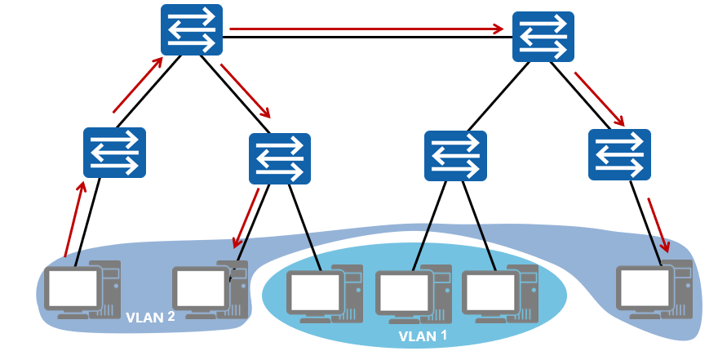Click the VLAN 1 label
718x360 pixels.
[x=423, y=336]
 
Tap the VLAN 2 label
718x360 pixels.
[x=151, y=317]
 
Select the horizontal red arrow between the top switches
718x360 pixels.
[x=367, y=29]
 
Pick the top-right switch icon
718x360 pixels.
[x=543, y=37]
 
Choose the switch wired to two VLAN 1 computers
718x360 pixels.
[x=455, y=156]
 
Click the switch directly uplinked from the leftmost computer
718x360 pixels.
[x=114, y=153]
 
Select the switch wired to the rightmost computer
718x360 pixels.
[x=619, y=155]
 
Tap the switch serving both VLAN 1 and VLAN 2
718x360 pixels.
[x=279, y=158]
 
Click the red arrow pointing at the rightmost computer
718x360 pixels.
[x=658, y=224]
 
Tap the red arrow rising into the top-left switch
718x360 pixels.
[x=136, y=86]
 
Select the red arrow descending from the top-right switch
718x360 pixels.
[x=599, y=99]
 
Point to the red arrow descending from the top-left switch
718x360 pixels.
[x=245, y=90]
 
